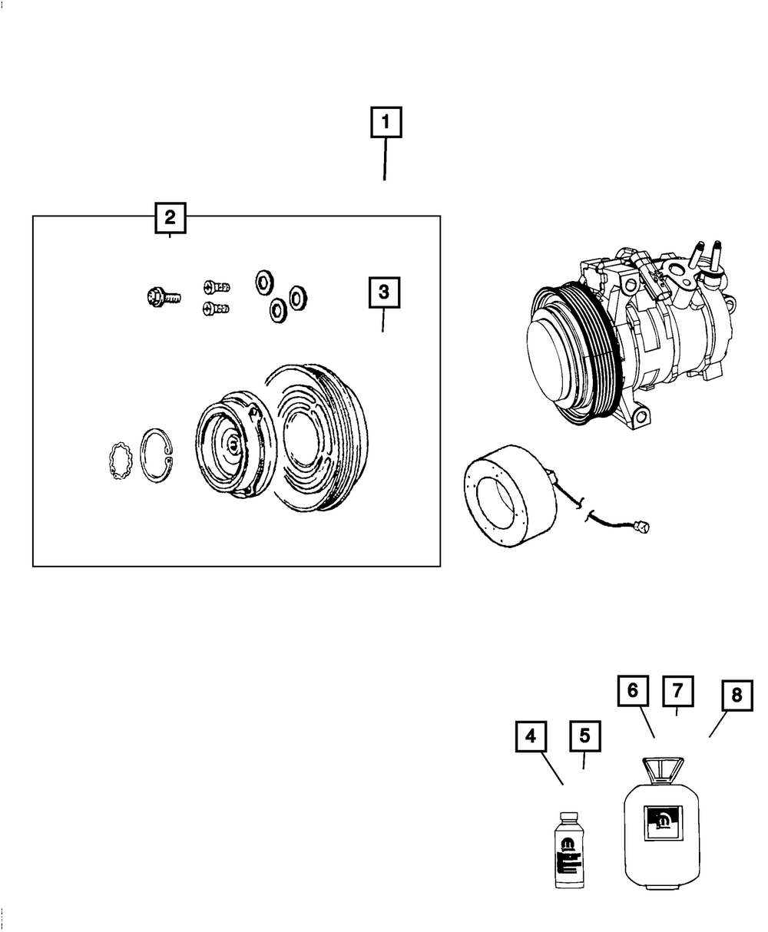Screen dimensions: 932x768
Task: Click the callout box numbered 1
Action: pyautogui.click(x=386, y=122)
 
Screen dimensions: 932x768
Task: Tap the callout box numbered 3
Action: pyautogui.click(x=384, y=292)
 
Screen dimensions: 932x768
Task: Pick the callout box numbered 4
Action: pyautogui.click(x=531, y=737)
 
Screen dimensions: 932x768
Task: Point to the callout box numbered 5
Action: pyautogui.click(x=584, y=736)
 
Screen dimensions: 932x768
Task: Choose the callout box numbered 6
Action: pyautogui.click(x=633, y=690)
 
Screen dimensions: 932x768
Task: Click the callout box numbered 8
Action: pyautogui.click(x=737, y=696)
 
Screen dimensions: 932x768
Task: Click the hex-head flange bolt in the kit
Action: pyautogui.click(x=161, y=296)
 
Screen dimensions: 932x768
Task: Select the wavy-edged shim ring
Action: pyautogui.click(x=120, y=464)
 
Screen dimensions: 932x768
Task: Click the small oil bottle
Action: pyautogui.click(x=569, y=852)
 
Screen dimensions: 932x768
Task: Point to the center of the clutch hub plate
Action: pyautogui.click(x=233, y=443)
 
